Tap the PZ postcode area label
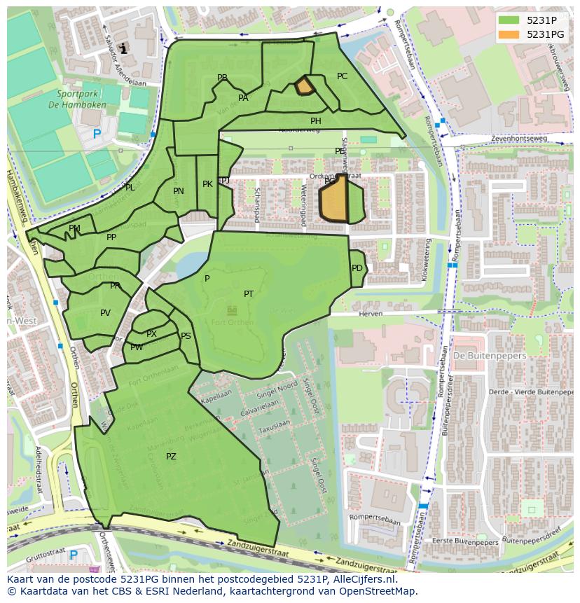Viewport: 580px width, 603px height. pyautogui.click(x=171, y=457)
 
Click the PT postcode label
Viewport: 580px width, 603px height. pyautogui.click(x=249, y=294)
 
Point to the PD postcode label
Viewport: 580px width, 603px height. pyautogui.click(x=357, y=268)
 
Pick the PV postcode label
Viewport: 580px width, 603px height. pyautogui.click(x=105, y=313)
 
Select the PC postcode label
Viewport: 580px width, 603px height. pyautogui.click(x=342, y=76)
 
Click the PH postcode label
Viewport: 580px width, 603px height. pyautogui.click(x=316, y=121)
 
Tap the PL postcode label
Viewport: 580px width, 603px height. pyautogui.click(x=130, y=188)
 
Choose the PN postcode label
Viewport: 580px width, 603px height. pyautogui.click(x=179, y=191)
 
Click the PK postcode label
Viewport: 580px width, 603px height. pyautogui.click(x=207, y=184)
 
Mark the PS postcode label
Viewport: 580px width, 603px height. pyautogui.click(x=186, y=336)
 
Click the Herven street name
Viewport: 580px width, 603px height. pyautogui.click(x=369, y=314)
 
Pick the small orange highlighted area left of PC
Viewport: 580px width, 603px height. pyautogui.click(x=304, y=86)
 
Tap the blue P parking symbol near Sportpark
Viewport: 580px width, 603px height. pyautogui.click(x=97, y=134)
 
